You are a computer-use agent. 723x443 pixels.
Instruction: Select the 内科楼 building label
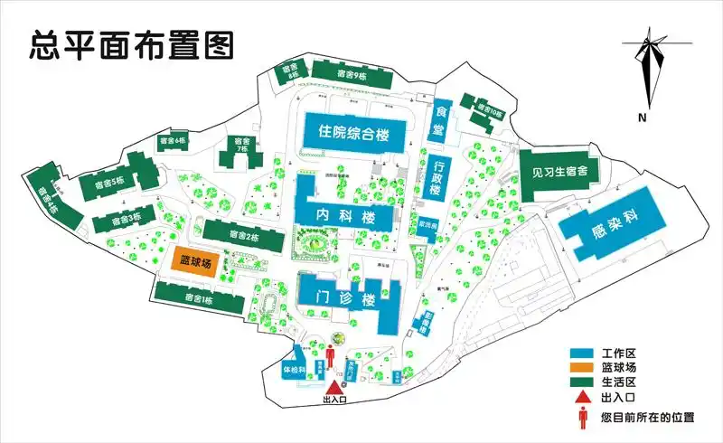click(x=345, y=217)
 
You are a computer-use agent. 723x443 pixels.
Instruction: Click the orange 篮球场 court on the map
click(x=195, y=263)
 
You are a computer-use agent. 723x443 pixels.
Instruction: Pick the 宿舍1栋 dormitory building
click(x=199, y=298)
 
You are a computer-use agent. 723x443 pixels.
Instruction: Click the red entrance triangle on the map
click(x=333, y=387)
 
